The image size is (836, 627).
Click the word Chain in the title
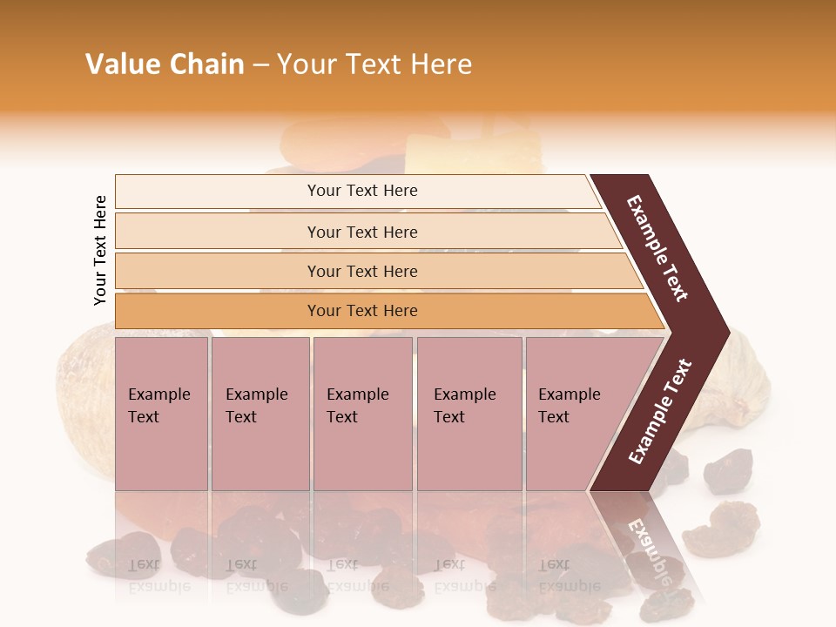point(206,64)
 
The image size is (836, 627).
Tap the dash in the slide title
point(260,65)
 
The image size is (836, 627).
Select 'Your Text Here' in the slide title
point(374,64)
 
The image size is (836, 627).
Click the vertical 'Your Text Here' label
point(100,250)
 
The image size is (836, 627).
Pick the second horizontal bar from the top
point(361,232)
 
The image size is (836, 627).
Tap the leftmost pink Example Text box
point(161,414)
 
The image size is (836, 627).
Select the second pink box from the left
point(260,414)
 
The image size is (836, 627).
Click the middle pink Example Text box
point(362,414)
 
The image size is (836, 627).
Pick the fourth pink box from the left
point(469,414)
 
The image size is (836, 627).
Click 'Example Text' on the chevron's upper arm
point(657,248)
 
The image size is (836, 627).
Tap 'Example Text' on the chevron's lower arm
point(659,412)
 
